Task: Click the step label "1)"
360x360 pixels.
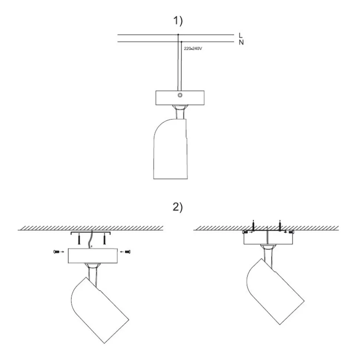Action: tap(178, 21)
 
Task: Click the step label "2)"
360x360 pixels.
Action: tap(178, 207)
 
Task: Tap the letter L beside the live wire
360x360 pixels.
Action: tap(240, 35)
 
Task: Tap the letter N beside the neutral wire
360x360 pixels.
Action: tap(241, 42)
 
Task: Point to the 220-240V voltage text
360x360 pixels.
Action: tap(193, 49)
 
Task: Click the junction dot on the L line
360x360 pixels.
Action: tap(178, 35)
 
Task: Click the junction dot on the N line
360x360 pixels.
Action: tap(181, 42)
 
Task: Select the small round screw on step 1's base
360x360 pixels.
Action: tap(180, 95)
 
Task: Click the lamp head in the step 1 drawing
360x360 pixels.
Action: tap(170, 149)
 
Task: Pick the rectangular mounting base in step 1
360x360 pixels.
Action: tap(180, 98)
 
